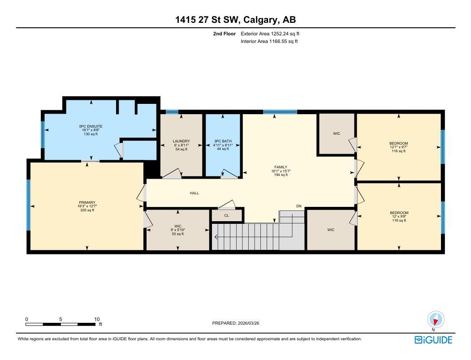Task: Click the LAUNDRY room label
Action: point(181,141)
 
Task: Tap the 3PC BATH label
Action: point(223,141)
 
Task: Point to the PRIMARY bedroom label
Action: point(87,202)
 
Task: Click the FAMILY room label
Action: point(281,167)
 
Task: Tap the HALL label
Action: point(194,193)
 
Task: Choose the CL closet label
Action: point(226,215)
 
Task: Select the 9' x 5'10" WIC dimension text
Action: point(177,230)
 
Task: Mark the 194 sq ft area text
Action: point(281,175)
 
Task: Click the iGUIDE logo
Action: point(433,340)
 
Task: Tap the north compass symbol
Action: point(436,320)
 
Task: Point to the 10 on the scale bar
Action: point(97,319)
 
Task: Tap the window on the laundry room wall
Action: point(172,112)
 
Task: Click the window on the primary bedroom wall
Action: point(28,205)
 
